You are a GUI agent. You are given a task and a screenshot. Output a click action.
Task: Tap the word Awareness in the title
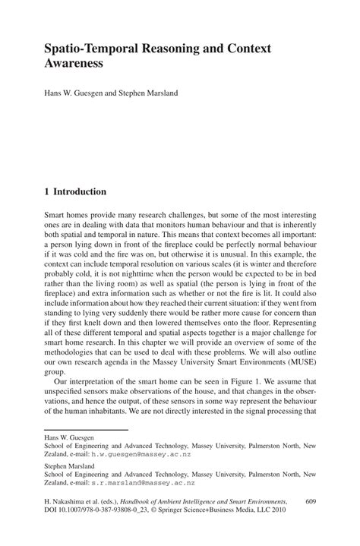[76, 64]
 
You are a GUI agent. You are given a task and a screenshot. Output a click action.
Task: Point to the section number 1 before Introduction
[47, 191]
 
